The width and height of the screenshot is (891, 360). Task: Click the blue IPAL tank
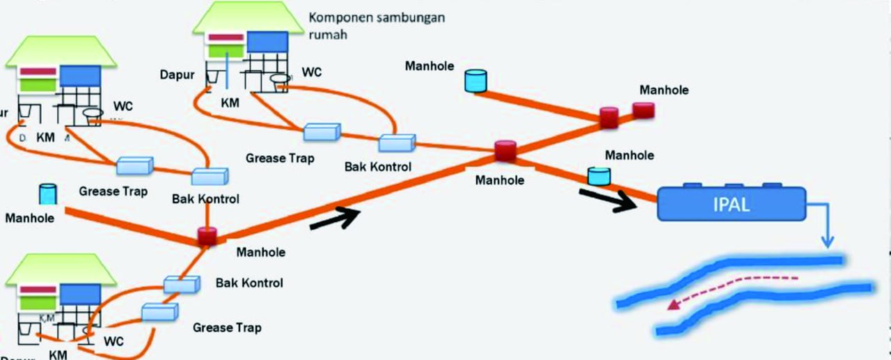[731, 205]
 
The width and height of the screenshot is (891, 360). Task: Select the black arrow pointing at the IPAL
[609, 198]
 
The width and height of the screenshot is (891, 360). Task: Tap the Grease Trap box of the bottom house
[160, 311]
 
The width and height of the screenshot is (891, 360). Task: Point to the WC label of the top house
[312, 72]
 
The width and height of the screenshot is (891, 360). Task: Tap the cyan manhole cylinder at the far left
[47, 194]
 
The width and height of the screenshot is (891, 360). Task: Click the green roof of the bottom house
[59, 268]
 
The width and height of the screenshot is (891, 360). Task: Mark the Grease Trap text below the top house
[279, 158]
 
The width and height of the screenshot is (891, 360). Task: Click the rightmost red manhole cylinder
[643, 110]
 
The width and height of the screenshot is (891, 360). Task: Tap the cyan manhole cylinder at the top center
[475, 81]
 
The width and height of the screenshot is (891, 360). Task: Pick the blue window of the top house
[267, 42]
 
